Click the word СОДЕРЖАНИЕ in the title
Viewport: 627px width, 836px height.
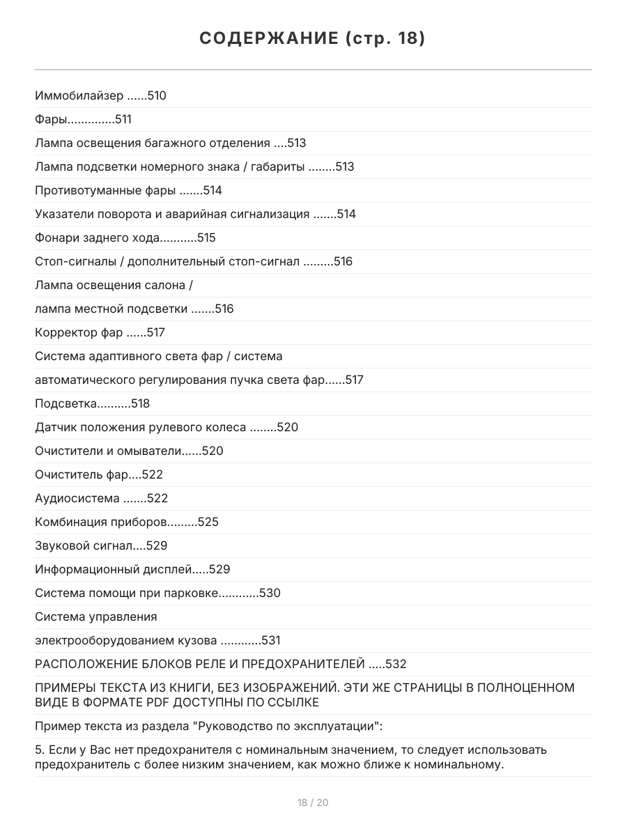point(269,39)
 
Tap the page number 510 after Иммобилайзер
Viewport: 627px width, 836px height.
point(157,95)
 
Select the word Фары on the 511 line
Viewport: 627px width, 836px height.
point(51,119)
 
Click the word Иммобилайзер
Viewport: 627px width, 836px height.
point(79,95)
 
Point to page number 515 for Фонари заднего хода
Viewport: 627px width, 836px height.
point(206,238)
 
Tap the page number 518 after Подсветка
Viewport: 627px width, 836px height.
point(140,403)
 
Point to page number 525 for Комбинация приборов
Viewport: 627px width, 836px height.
point(208,522)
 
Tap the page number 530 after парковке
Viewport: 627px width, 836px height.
point(270,593)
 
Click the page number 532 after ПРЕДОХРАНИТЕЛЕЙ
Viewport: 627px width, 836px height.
point(396,664)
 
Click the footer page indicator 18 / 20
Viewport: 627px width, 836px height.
point(313,803)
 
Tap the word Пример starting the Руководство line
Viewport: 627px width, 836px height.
point(56,727)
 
